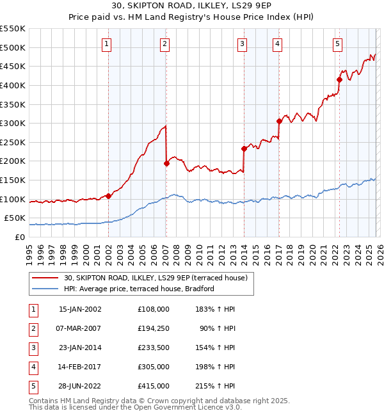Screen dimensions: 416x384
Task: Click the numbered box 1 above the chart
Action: pyautogui.click(x=106, y=44)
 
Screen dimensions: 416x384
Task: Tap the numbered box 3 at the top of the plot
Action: pyautogui.click(x=243, y=44)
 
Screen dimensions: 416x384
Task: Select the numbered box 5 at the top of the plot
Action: pyautogui.click(x=337, y=44)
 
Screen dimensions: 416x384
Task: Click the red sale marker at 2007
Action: pyautogui.click(x=166, y=163)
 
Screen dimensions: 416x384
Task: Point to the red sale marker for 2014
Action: pyautogui.click(x=244, y=148)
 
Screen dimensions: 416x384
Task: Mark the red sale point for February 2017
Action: pyautogui.click(x=279, y=121)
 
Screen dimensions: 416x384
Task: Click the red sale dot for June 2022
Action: pyautogui.click(x=339, y=79)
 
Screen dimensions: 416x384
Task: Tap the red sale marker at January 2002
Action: pyautogui.click(x=108, y=196)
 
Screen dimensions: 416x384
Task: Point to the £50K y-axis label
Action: pyautogui.click(x=15, y=218)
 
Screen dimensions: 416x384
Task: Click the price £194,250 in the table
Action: pyautogui.click(x=154, y=329)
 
